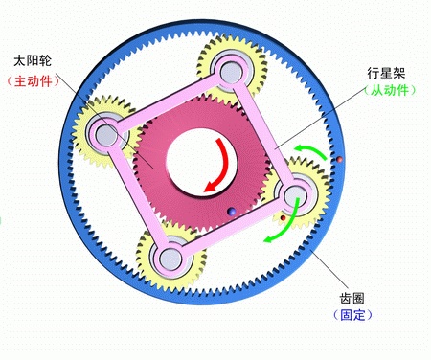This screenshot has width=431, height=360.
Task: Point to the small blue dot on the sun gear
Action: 230,212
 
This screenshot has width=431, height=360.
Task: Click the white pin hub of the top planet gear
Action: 230,69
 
